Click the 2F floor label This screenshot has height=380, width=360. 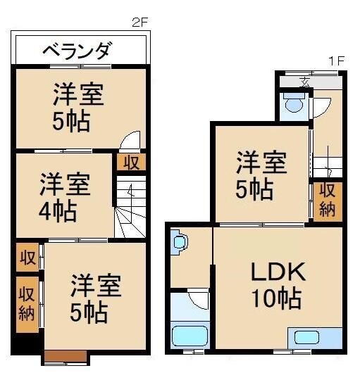[140, 21]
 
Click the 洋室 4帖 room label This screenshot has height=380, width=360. [64, 197]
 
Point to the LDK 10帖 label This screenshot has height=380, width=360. [277, 284]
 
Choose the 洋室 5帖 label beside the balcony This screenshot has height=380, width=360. [79, 107]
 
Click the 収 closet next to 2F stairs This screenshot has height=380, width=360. [131, 163]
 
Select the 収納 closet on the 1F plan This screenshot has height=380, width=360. [327, 201]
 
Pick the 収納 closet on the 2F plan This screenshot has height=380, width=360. [27, 303]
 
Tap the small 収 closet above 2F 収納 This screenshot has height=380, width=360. [27, 256]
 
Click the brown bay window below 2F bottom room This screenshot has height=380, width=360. [65, 357]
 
